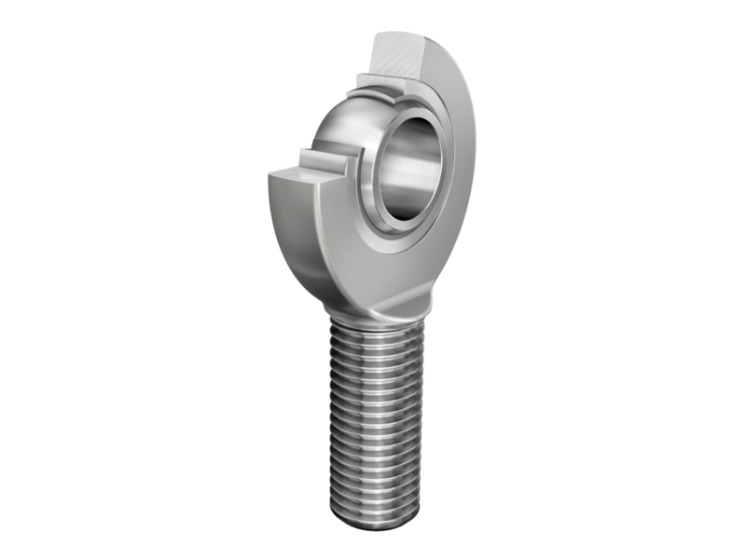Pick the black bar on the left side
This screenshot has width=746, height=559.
pos(42,279)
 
